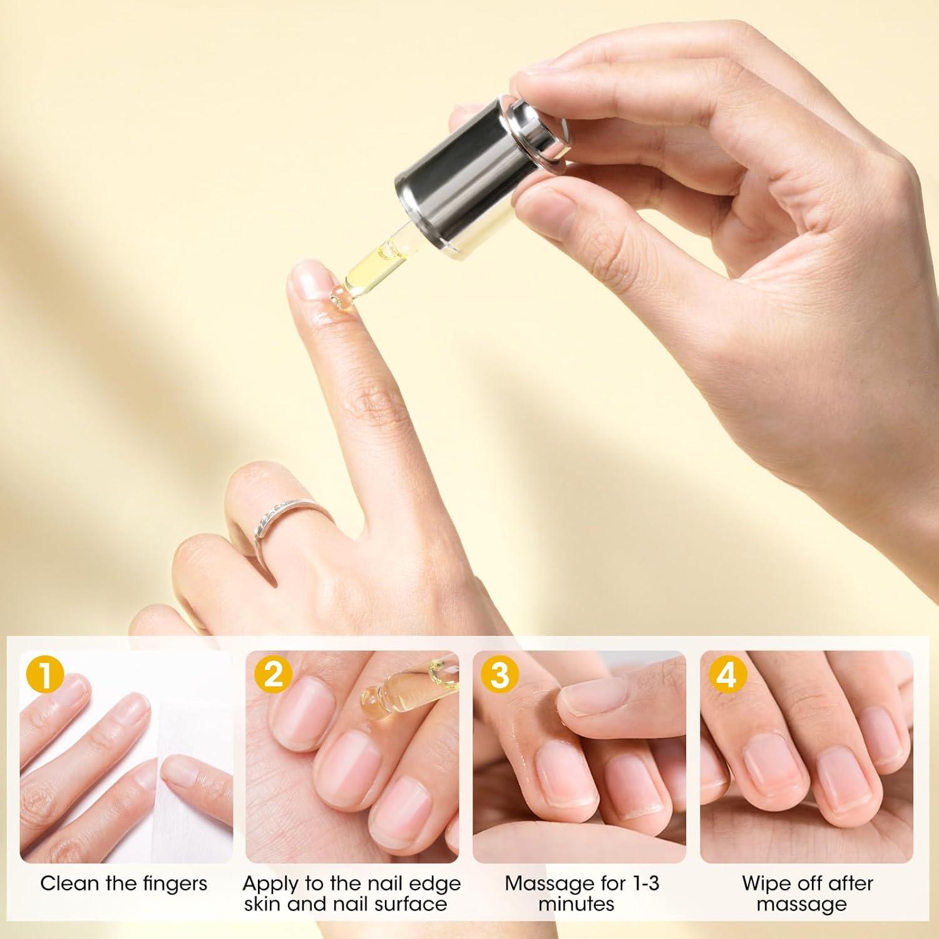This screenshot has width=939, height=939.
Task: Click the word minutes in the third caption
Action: click(577, 904)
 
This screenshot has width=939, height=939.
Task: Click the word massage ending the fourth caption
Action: click(801, 904)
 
